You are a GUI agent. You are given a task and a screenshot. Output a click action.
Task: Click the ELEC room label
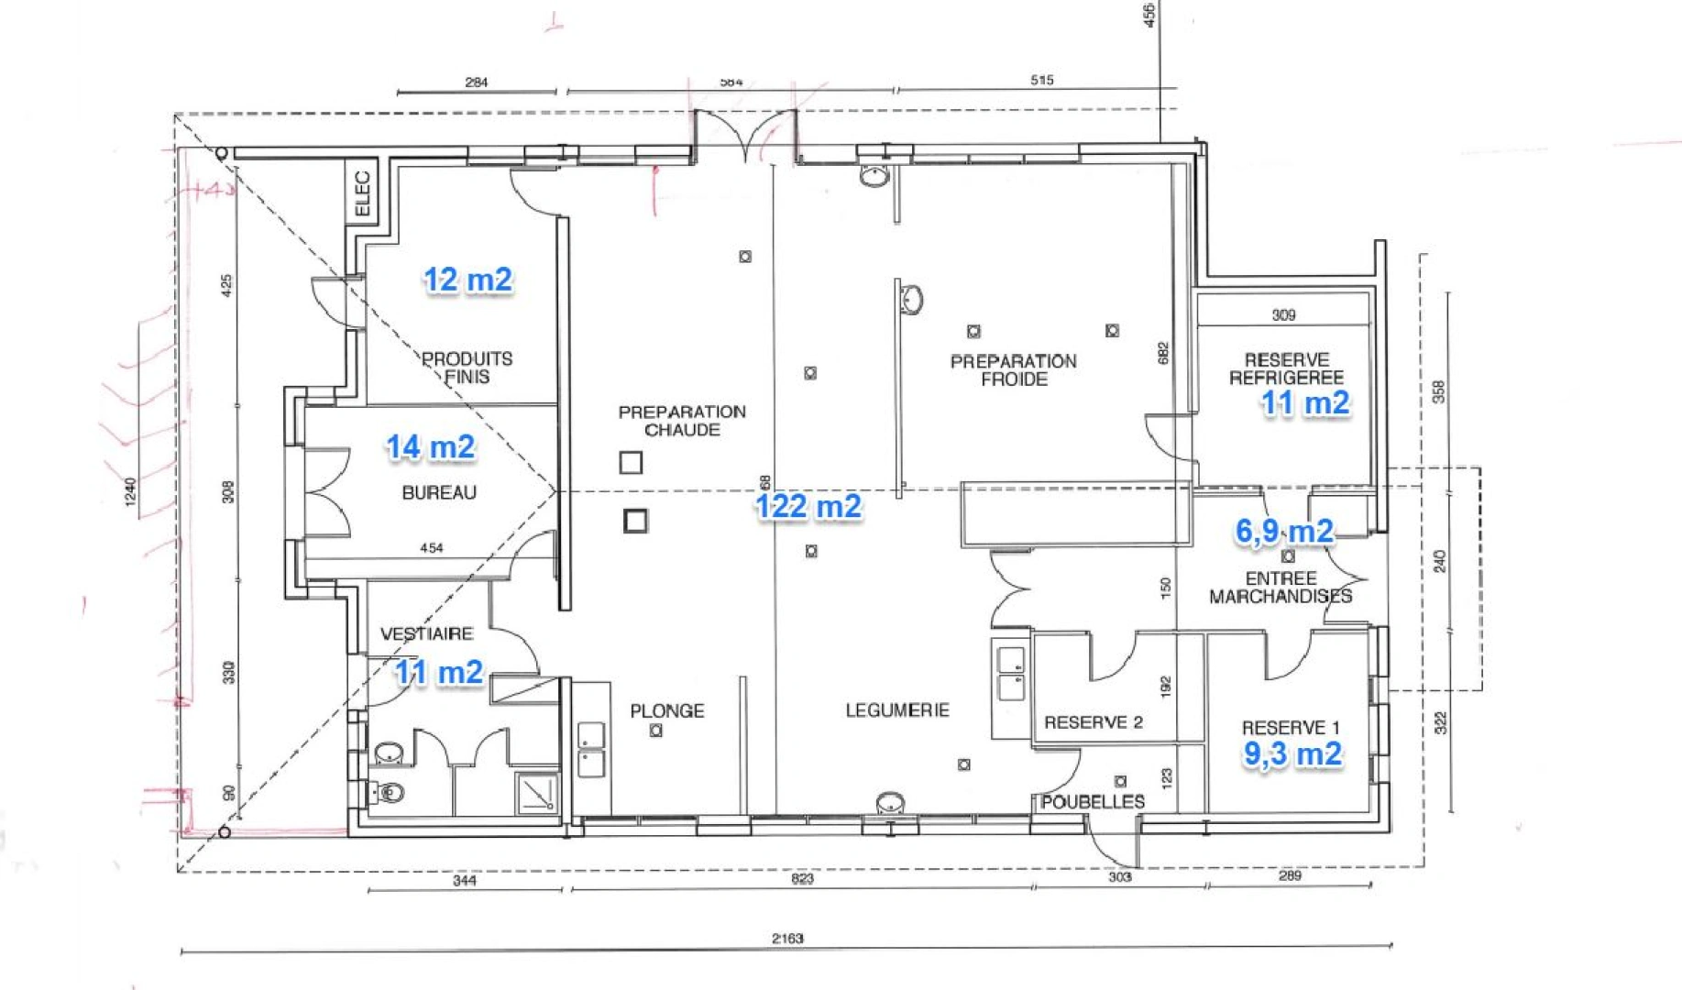point(363,193)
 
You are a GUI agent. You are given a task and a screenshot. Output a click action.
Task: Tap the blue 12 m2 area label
point(467,280)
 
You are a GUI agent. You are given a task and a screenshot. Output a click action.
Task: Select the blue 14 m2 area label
point(430,447)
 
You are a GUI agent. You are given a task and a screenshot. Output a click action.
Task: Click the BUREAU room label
point(439,493)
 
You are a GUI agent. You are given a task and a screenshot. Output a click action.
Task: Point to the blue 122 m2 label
point(808,506)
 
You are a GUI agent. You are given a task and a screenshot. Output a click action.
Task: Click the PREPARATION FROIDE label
point(1013,370)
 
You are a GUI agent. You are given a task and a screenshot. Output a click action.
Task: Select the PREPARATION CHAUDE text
point(682,421)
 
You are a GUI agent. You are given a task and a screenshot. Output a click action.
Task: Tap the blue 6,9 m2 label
point(1284,531)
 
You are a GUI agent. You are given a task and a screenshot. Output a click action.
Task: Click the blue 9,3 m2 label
point(1292,753)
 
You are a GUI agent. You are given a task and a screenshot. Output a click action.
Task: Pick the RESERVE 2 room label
point(1093,722)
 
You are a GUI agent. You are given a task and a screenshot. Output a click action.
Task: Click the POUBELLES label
point(1092,802)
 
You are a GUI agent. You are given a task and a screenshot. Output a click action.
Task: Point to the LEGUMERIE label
point(896,710)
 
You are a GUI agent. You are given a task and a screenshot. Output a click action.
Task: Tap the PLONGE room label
point(666,711)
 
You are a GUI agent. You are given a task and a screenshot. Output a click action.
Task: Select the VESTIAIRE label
point(426,634)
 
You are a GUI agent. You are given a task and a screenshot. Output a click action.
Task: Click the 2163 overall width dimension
point(786,939)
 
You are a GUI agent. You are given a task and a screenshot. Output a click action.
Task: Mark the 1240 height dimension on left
point(130,491)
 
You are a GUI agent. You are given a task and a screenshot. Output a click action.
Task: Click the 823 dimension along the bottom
point(802,879)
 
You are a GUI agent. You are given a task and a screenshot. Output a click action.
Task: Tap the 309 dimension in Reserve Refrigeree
point(1283,315)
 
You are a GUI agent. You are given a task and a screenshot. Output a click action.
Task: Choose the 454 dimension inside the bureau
point(431,548)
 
